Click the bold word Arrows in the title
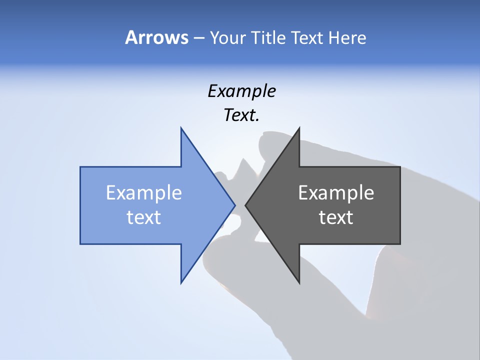(156, 37)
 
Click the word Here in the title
(347, 38)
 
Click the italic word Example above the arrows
(241, 91)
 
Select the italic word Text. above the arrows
(241, 115)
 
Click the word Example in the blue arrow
(144, 193)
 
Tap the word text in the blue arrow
(144, 217)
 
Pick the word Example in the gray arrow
(336, 193)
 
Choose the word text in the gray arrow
(336, 217)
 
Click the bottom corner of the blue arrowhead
(181, 282)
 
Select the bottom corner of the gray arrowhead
(299, 282)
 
